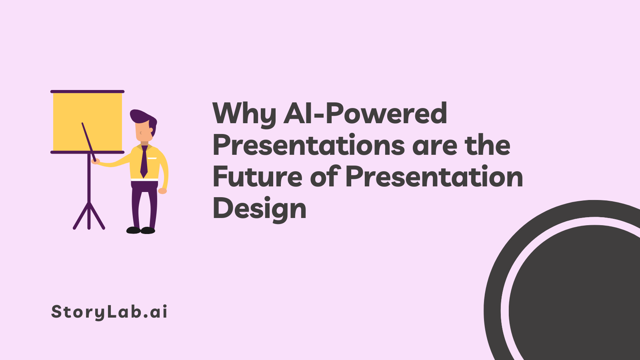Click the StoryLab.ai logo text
click(x=109, y=312)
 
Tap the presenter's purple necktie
click(x=144, y=162)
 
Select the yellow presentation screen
click(x=88, y=122)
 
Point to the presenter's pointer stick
click(x=89, y=142)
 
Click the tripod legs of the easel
click(x=89, y=216)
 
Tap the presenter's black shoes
click(x=140, y=230)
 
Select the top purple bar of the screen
click(x=88, y=92)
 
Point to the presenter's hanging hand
click(x=162, y=191)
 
